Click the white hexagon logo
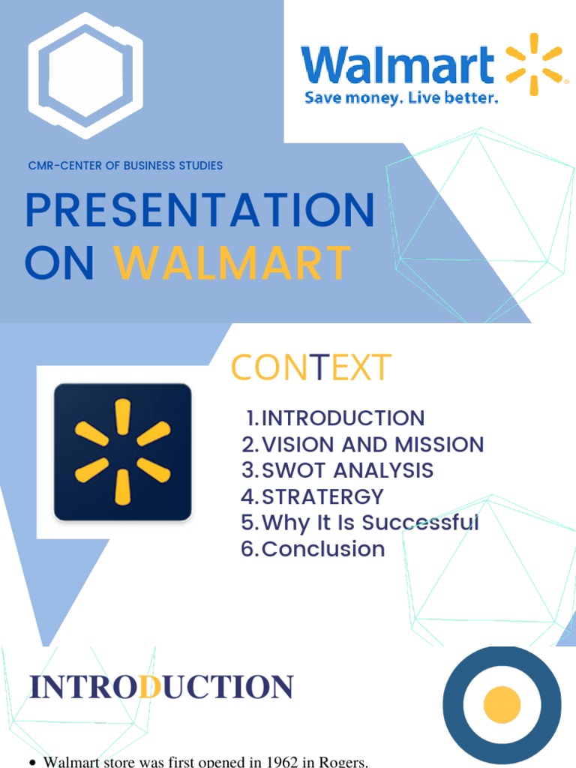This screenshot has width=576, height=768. [x=85, y=75]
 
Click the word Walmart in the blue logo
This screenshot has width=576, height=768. [x=397, y=66]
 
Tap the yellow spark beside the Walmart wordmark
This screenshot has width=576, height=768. [x=534, y=64]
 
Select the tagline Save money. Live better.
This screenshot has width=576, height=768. [x=400, y=98]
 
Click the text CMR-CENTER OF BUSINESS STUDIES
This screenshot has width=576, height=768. [x=125, y=165]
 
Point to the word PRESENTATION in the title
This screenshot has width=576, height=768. [x=199, y=211]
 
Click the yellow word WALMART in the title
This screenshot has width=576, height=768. [x=232, y=263]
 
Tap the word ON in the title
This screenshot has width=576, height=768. [x=60, y=263]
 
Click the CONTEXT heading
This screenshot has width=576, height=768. [x=310, y=367]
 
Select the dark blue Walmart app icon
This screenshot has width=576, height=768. [x=123, y=452]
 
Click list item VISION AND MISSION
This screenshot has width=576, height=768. [x=363, y=444]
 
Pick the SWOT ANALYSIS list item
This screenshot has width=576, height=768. [x=337, y=470]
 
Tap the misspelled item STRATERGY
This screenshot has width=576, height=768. [x=312, y=496]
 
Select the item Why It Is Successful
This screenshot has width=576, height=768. [x=360, y=523]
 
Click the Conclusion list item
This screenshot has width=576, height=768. [x=313, y=549]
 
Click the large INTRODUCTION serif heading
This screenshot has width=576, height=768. [x=160, y=687]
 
